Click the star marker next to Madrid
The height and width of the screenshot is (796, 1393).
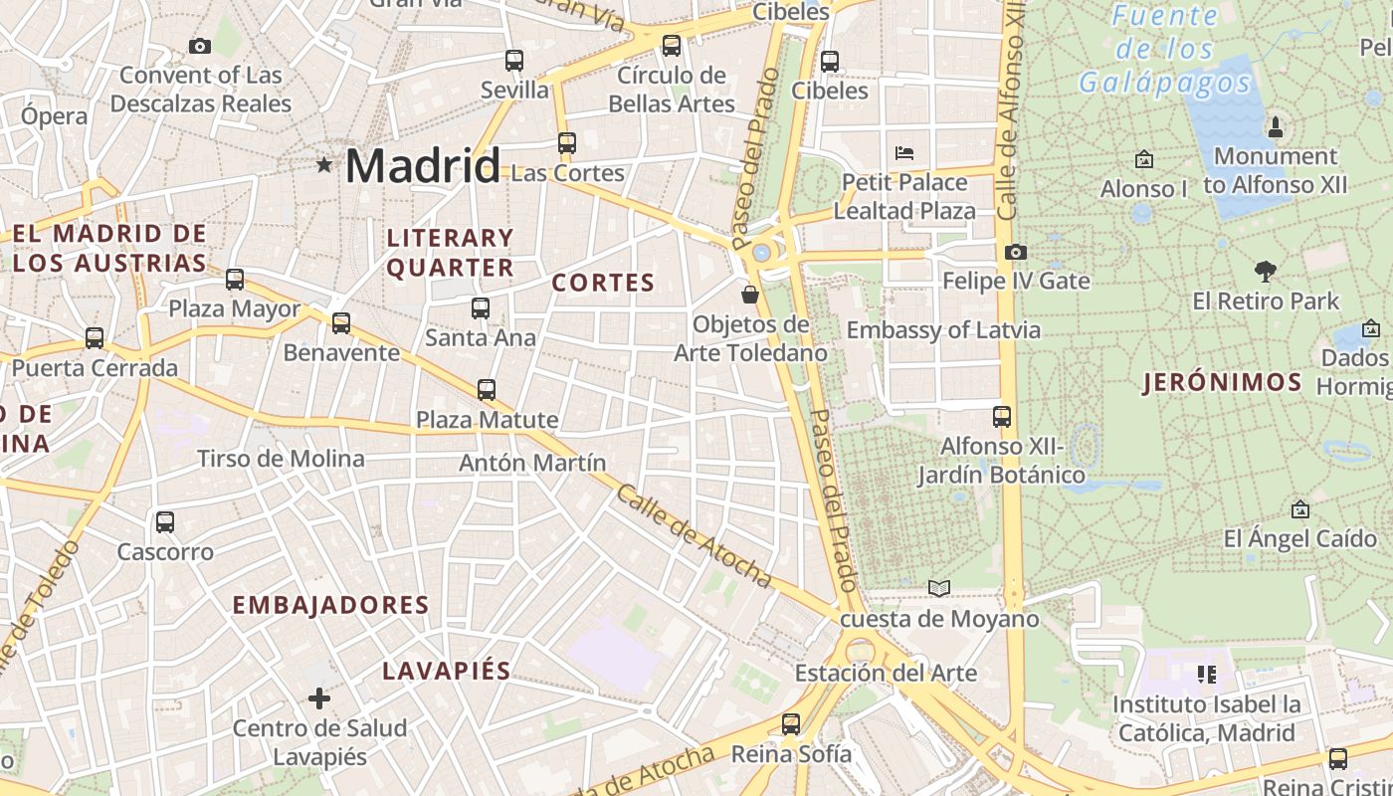pos(324,164)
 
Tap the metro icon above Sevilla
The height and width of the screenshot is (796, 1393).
pos(513,61)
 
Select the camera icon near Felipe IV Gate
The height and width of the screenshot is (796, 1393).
pos(1015,253)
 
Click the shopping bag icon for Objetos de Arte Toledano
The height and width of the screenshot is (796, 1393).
pos(750,295)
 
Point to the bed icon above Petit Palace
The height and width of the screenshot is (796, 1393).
pos(904,153)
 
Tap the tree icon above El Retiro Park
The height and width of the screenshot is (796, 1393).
pos(1266,271)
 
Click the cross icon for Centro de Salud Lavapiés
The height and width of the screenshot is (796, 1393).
pos(318,698)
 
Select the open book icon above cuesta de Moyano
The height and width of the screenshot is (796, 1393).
pos(938,588)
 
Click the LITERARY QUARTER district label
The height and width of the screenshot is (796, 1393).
pos(450,253)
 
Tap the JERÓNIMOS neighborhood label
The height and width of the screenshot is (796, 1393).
pos(1222,382)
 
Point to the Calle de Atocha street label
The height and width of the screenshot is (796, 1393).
pos(693,535)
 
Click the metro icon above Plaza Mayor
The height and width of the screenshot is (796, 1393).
pos(235,280)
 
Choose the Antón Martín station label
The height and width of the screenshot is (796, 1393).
pos(532,463)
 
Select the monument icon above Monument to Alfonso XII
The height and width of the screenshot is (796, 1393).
pos(1275,126)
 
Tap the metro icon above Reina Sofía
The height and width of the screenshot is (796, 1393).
pos(791,724)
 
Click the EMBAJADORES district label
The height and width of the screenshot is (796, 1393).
pos(330,605)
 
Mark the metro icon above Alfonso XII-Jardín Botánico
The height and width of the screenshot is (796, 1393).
pos(1002,417)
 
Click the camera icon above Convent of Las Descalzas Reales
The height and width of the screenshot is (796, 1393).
pos(200,46)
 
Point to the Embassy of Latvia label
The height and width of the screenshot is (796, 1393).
pos(943,330)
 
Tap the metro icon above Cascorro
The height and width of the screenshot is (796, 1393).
pos(165,522)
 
